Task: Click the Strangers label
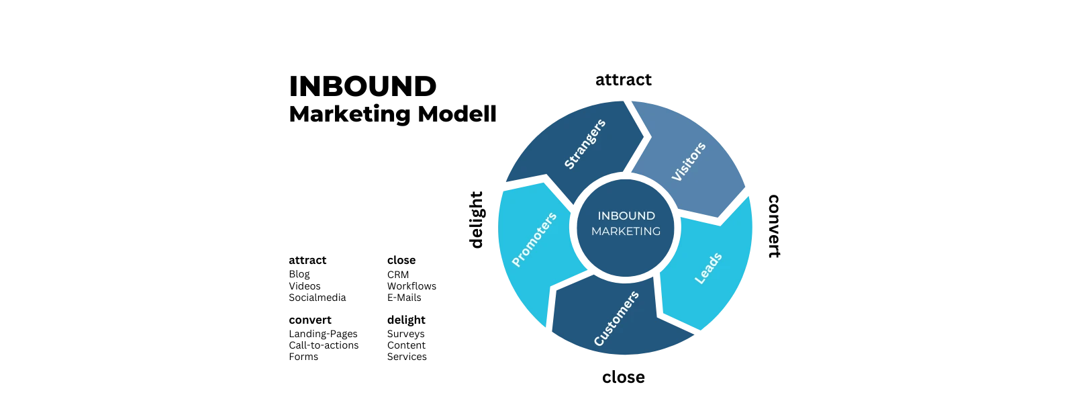[x=585, y=144]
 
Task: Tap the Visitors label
[x=689, y=161]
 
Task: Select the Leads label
[x=708, y=268]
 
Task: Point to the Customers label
[x=616, y=318]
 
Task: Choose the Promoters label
[x=534, y=240]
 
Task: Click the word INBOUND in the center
[x=626, y=216]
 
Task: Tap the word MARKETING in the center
[x=626, y=231]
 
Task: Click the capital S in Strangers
[x=569, y=165]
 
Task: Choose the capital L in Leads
[x=699, y=279]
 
